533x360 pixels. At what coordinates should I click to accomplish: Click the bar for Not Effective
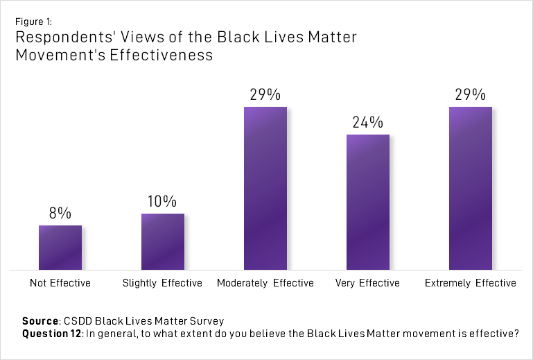60,248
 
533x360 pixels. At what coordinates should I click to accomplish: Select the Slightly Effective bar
163,241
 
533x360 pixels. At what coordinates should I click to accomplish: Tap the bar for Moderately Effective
265,188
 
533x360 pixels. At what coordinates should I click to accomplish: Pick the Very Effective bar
368,202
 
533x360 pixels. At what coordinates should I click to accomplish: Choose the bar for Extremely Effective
471,188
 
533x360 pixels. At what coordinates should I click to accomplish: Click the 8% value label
60,214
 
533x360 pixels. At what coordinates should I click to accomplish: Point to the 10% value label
163,202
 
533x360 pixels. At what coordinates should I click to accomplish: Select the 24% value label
368,123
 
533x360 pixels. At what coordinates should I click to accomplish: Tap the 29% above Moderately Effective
265,95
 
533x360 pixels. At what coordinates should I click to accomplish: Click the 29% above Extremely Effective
471,95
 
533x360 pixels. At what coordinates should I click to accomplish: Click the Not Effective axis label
60,283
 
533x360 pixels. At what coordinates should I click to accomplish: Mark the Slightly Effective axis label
163,283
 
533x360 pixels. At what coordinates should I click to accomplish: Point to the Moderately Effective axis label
265,283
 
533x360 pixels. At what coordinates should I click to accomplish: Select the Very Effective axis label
367,283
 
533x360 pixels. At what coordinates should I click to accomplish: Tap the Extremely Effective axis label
471,283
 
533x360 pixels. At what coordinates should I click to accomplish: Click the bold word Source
40,321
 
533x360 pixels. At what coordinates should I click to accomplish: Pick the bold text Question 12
51,334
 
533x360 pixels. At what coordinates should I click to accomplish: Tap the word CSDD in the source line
77,321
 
